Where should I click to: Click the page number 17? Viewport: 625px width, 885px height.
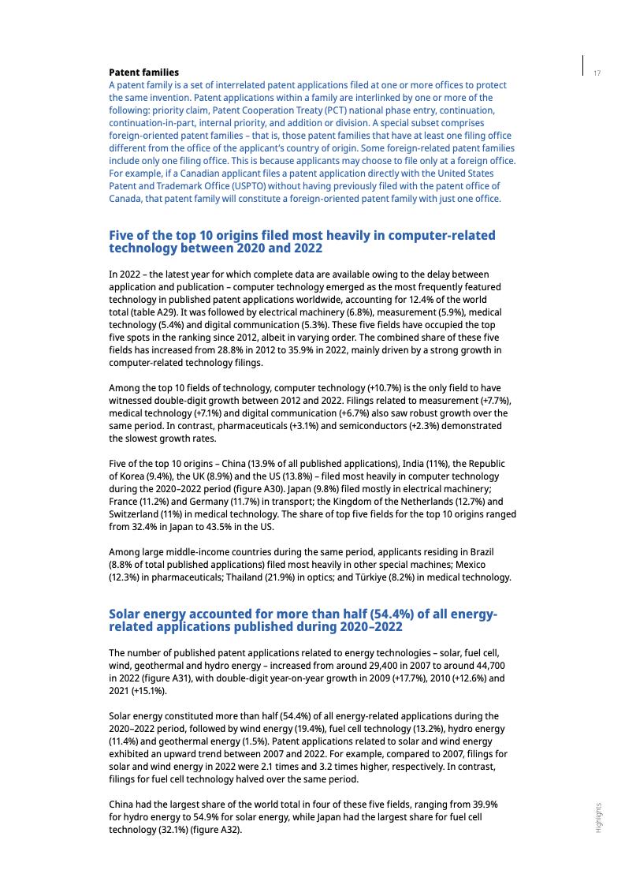(597, 73)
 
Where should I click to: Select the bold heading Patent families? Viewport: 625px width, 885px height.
(143, 73)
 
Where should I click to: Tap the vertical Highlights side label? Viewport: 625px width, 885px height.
(598, 817)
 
